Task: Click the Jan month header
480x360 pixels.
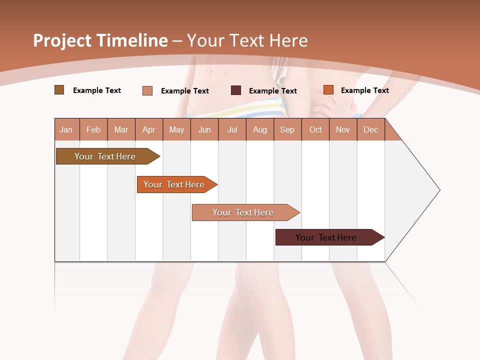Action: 66,130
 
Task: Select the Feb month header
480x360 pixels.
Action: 93,130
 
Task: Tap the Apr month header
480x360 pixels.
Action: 149,130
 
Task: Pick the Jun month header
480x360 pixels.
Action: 204,130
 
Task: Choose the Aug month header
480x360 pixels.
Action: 260,130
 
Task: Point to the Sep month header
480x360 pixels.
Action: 287,130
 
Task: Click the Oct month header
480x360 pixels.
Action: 315,130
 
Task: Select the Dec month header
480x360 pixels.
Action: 371,130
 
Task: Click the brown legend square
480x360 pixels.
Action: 59,90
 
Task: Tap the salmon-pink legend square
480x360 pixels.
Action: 147,90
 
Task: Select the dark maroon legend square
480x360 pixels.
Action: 236,90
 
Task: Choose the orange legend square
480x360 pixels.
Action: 328,90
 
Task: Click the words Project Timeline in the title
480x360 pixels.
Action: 100,40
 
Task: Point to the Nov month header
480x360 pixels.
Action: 343,130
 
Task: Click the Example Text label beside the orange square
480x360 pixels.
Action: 365,90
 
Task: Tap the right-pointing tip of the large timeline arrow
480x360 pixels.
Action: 438,190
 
